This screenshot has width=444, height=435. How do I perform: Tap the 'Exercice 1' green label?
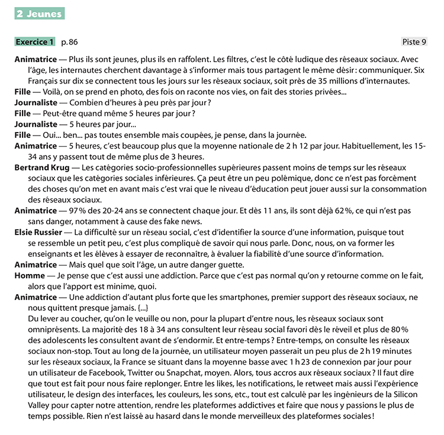pyautogui.click(x=35, y=42)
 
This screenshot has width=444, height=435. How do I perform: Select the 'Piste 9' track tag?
pyautogui.click(x=414, y=42)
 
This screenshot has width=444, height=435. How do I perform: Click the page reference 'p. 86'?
pyautogui.click(x=69, y=42)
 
